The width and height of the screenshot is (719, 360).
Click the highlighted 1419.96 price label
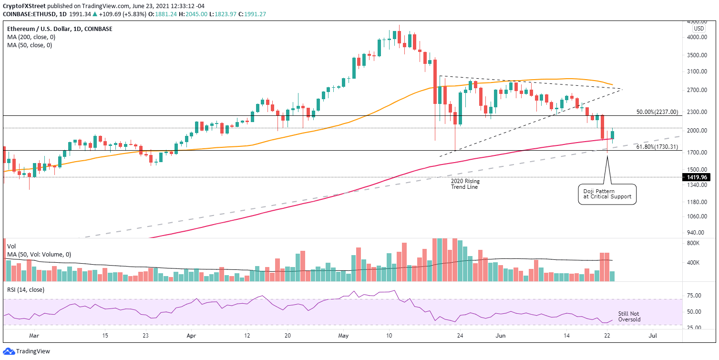(x=699, y=177)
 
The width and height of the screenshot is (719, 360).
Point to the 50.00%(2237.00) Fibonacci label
(x=657, y=112)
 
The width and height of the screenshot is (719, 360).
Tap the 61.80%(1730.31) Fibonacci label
(x=657, y=147)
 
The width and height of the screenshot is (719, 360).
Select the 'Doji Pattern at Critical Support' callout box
(x=606, y=194)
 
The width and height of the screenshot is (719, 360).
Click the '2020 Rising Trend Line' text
(x=465, y=184)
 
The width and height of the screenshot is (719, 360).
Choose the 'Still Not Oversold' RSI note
(x=629, y=317)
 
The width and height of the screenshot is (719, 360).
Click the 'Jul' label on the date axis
(x=653, y=336)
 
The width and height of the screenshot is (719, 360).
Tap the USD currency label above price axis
(x=699, y=28)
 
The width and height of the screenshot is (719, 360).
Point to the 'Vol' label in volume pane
(x=11, y=247)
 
